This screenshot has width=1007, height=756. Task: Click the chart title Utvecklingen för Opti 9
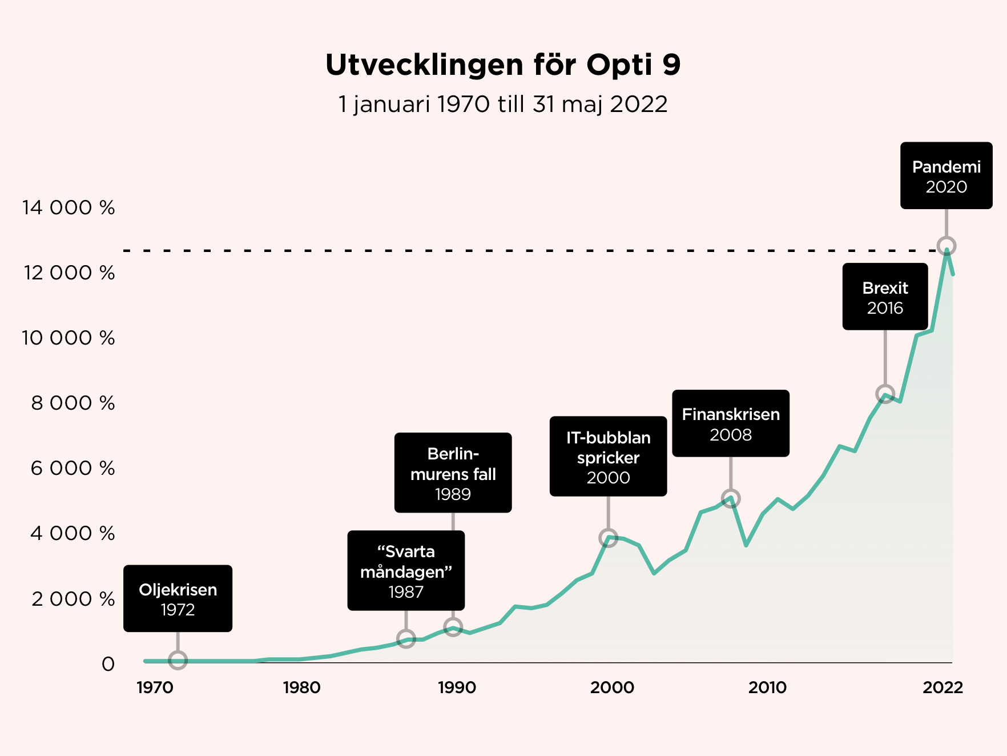pyautogui.click(x=503, y=65)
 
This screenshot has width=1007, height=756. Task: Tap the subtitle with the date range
pyautogui.click(x=503, y=105)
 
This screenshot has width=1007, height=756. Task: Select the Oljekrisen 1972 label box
pyautogui.click(x=178, y=598)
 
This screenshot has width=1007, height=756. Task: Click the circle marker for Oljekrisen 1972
pyautogui.click(x=178, y=660)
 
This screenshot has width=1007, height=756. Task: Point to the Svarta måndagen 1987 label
pyautogui.click(x=406, y=571)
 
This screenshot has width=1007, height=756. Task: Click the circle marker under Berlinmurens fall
pyautogui.click(x=453, y=627)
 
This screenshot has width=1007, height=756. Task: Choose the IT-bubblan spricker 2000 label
pyautogui.click(x=608, y=457)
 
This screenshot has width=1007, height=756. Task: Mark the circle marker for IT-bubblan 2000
pyautogui.click(x=608, y=538)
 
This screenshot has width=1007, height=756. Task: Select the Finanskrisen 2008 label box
pyautogui.click(x=731, y=423)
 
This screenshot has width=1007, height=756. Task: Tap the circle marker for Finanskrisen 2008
pyautogui.click(x=731, y=499)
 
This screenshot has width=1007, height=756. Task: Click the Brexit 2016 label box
pyautogui.click(x=885, y=297)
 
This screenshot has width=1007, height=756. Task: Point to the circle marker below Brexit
pyautogui.click(x=885, y=394)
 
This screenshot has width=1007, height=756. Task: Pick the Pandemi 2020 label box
pyautogui.click(x=946, y=176)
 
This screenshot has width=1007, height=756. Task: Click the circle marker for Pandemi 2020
pyautogui.click(x=946, y=246)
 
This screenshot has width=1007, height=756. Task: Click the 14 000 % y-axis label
pyautogui.click(x=69, y=207)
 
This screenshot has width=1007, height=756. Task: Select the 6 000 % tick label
pyautogui.click(x=72, y=469)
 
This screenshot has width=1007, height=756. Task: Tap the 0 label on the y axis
pyautogui.click(x=108, y=664)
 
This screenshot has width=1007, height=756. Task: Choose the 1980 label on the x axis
pyautogui.click(x=301, y=687)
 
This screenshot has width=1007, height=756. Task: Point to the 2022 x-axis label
pyautogui.click(x=942, y=687)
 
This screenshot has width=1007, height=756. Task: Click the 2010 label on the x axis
pyautogui.click(x=767, y=687)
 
